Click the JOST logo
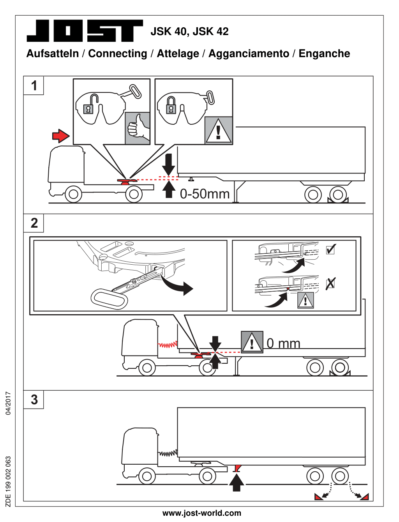tap(85, 31)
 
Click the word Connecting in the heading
tap(118, 54)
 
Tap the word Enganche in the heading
tap(324, 54)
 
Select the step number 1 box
tap(34, 85)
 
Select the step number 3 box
tap(34, 400)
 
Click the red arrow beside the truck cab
tap(61, 136)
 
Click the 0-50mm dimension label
tap(205, 194)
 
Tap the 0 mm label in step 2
tap(283, 343)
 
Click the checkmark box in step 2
tap(330, 249)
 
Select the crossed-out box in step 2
tap(330, 283)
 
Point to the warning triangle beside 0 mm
tap(252, 342)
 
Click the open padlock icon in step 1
tap(89, 104)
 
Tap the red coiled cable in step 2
tap(168, 345)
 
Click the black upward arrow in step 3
tap(237, 482)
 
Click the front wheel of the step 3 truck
tap(147, 476)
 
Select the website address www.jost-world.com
tap(201, 513)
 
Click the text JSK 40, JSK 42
tap(189, 32)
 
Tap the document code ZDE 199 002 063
tap(8, 481)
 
